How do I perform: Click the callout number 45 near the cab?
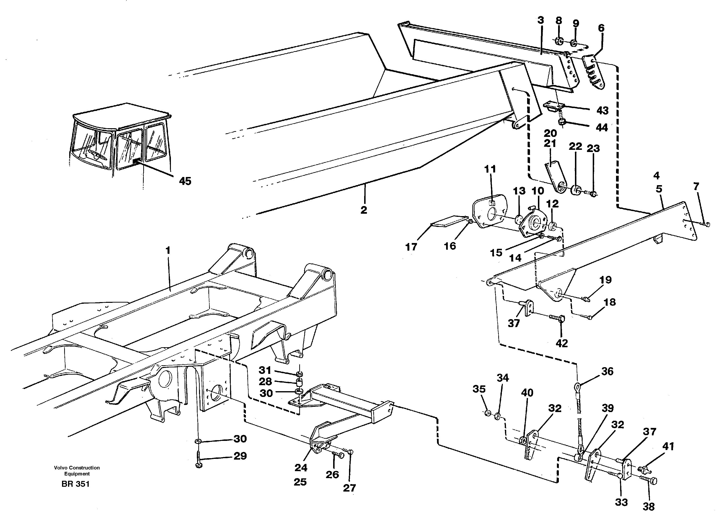pyautogui.click(x=185, y=181)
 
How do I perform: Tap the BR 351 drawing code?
pyautogui.click(x=75, y=484)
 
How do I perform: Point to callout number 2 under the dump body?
pyautogui.click(x=364, y=210)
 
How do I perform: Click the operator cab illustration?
pyautogui.click(x=121, y=140)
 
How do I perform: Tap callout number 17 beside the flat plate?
pyautogui.click(x=411, y=247)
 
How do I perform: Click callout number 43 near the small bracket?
pyautogui.click(x=603, y=110)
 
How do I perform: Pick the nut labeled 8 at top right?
pyautogui.click(x=559, y=41)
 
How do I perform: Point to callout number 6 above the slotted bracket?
pyautogui.click(x=601, y=28)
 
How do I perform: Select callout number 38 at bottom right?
pyautogui.click(x=648, y=507)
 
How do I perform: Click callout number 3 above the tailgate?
pyautogui.click(x=540, y=20)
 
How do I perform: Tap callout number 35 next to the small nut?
pyautogui.click(x=479, y=389)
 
